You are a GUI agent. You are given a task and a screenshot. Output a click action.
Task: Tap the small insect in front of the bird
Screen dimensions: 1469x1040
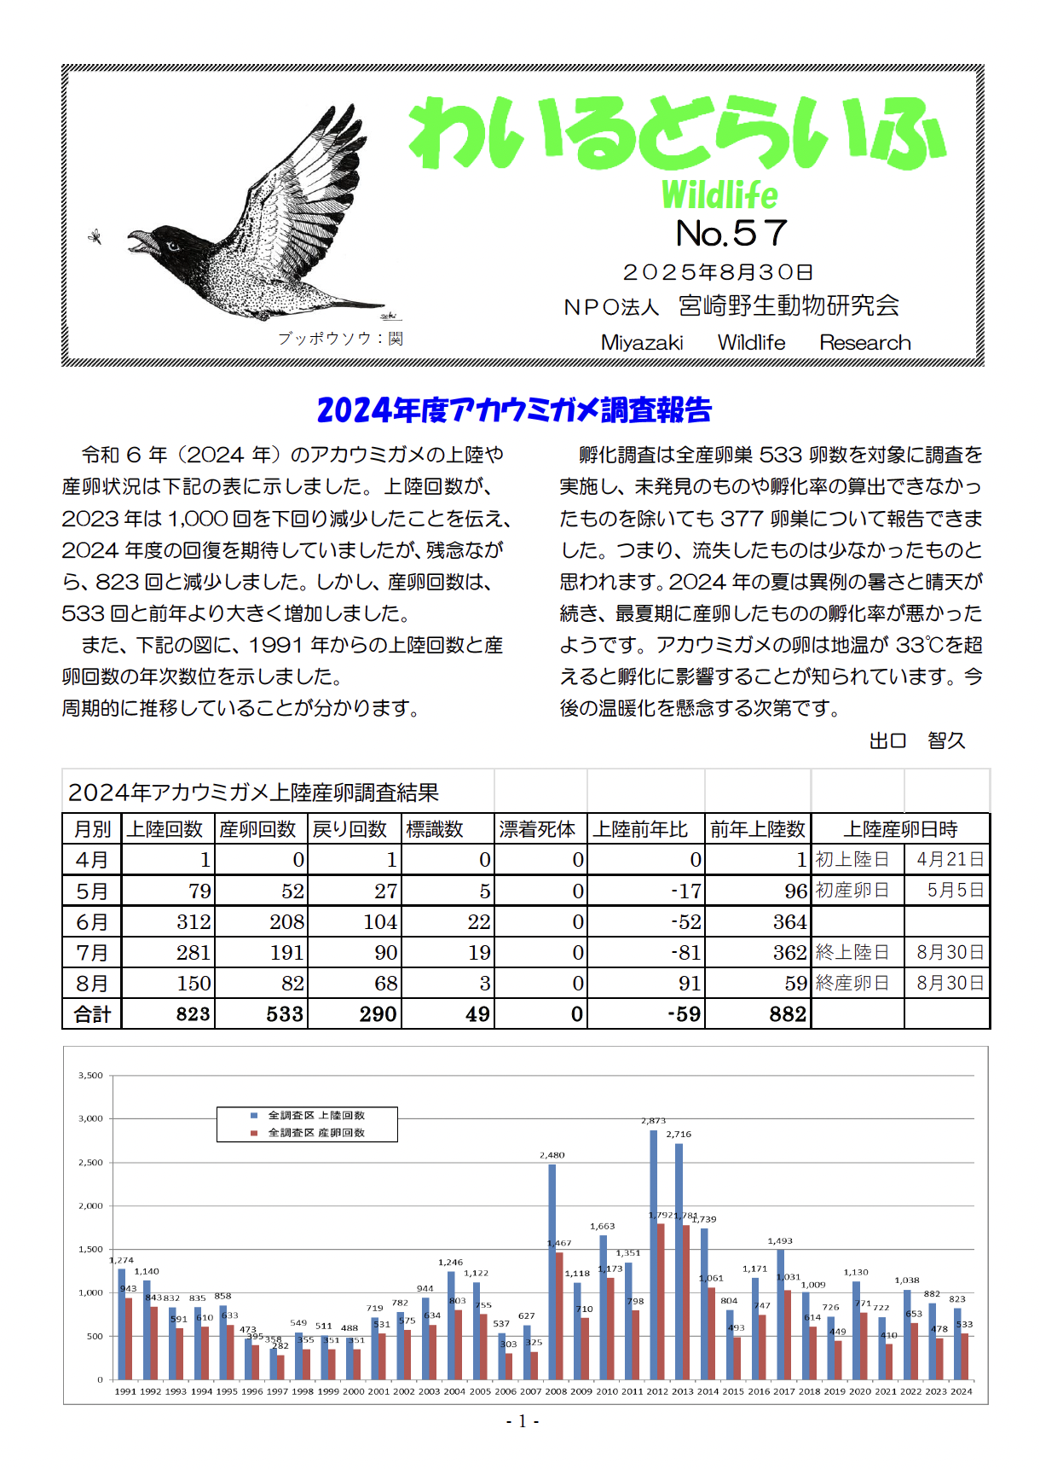95,236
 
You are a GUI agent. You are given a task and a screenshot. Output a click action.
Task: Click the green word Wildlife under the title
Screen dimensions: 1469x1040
719,195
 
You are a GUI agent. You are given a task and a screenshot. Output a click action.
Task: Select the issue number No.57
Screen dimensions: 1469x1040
731,233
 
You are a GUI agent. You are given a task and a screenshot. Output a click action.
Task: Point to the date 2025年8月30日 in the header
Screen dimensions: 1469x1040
718,272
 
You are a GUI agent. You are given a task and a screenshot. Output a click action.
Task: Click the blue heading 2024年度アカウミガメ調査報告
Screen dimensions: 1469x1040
514,410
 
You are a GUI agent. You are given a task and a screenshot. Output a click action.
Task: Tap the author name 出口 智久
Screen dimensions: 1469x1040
916,740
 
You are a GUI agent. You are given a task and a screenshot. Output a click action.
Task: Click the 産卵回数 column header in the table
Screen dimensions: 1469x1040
257,829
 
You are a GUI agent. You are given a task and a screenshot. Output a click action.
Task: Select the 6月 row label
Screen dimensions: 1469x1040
92,922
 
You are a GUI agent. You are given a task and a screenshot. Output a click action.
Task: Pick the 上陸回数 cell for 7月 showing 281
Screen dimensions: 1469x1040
194,953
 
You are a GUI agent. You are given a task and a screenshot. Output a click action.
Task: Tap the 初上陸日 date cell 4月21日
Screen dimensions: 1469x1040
950,860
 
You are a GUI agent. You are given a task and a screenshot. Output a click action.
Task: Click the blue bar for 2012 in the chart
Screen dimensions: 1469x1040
654,1254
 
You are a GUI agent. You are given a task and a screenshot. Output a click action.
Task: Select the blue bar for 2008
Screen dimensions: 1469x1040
552,1271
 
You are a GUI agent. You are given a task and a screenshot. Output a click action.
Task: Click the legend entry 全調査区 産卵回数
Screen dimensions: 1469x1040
316,1133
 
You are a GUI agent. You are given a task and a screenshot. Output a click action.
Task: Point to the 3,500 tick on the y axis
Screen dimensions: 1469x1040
90,1076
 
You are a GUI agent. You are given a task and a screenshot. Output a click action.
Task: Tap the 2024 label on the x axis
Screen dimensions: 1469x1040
961,1391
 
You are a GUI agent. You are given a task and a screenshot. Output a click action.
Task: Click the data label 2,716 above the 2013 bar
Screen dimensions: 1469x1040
679,1134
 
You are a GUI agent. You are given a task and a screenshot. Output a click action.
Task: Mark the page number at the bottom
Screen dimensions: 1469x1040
522,1421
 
